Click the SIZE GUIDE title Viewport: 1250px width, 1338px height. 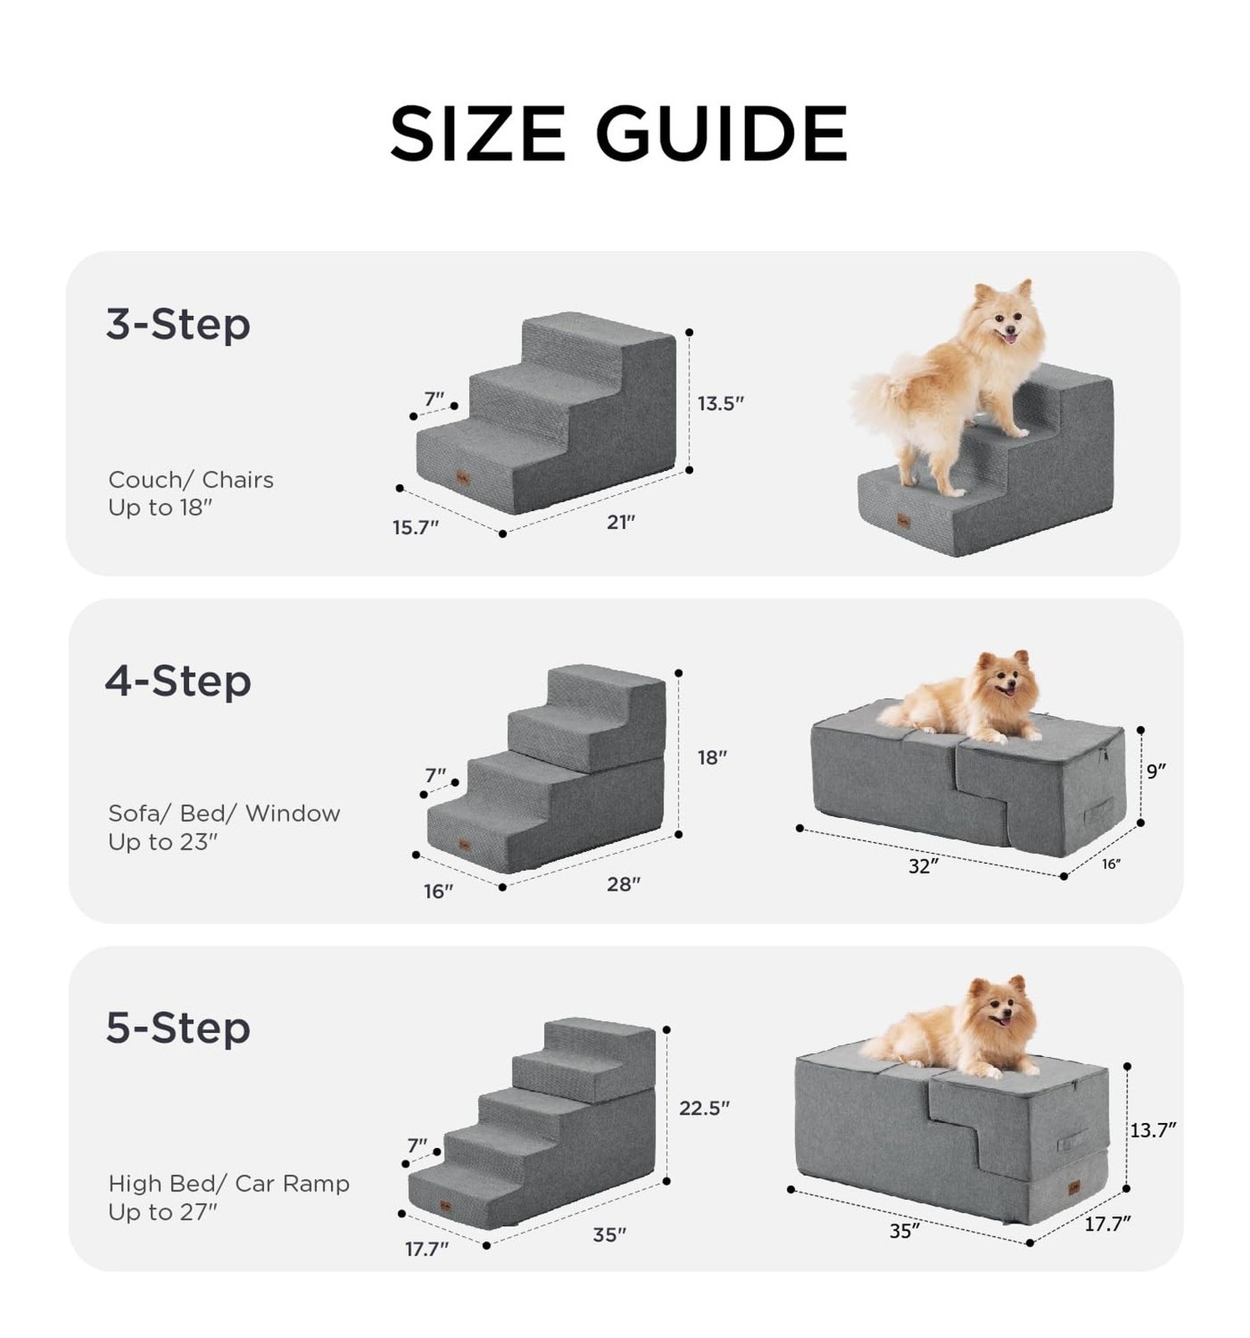pos(619,134)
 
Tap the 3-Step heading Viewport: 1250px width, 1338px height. pos(178,324)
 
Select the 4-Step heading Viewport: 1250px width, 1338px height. pos(178,681)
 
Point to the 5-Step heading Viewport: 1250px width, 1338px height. pos(178,1028)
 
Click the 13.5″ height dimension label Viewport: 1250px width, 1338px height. pos(721,403)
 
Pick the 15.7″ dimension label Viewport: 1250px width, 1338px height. pos(416,528)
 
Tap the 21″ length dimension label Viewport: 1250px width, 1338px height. pos(621,522)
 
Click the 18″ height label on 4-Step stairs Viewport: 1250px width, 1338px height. pos(712,758)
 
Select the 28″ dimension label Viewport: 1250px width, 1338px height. pos(624,884)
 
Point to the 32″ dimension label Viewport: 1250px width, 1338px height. pos(924,866)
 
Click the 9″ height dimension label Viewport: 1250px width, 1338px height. pos(1156,771)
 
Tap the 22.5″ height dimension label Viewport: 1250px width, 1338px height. pos(704,1108)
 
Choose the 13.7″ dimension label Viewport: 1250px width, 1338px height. pos(1154,1131)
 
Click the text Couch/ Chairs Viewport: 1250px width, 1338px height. pos(191,480)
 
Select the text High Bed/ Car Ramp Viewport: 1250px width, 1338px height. pos(228,1184)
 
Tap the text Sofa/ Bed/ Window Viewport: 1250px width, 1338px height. pos(224,814)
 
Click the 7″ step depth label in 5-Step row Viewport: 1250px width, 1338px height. pos(417,1145)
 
